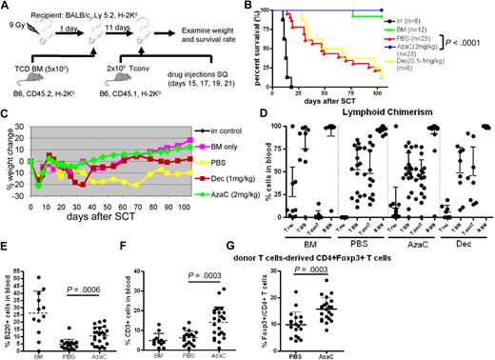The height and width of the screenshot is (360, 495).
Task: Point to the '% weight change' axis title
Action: point(7,185)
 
